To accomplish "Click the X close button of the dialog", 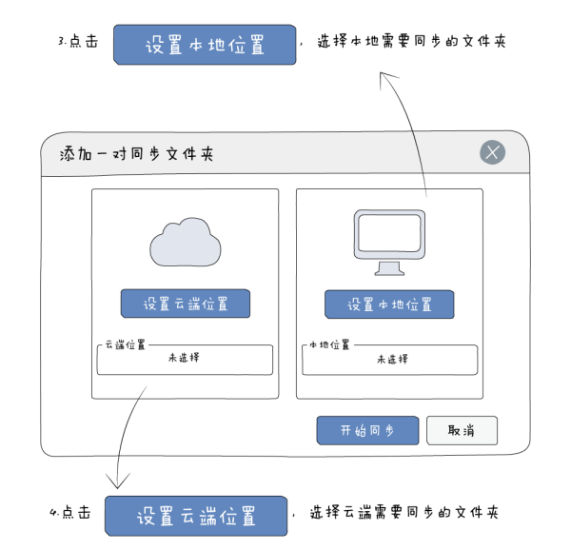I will [x=492, y=152].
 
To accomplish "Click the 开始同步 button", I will [x=367, y=430].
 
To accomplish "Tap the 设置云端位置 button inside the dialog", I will [x=186, y=304].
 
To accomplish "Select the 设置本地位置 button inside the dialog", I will [x=389, y=304].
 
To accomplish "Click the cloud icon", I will [x=186, y=242].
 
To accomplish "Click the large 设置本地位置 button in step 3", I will [x=204, y=45].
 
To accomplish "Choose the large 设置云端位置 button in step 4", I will [x=195, y=515].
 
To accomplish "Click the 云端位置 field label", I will [x=125, y=344].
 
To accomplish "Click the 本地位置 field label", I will [x=329, y=344].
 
